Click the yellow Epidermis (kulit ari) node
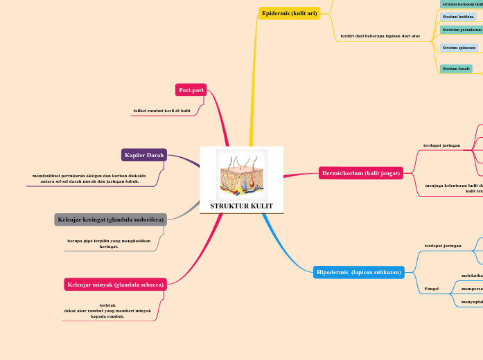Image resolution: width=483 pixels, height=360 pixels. tap(289, 13)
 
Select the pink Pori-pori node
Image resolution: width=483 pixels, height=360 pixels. tap(191, 90)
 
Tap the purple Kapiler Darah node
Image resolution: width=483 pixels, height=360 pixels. tap(144, 155)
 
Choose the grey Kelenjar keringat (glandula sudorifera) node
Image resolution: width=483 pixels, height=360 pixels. tap(110, 219)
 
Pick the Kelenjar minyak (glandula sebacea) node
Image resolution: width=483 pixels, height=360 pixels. tap(115, 285)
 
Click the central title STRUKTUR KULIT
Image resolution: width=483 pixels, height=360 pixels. tap(241, 206)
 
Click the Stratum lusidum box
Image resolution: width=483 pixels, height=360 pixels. tap(458, 16)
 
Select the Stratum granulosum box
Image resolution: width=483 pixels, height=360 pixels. tap(462, 30)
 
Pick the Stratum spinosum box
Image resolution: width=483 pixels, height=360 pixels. tap(459, 48)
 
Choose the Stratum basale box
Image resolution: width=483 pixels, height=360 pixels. tap(456, 69)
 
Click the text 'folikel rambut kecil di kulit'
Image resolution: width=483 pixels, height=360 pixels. tap(161, 111)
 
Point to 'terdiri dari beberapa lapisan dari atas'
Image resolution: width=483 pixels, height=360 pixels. tap(380, 36)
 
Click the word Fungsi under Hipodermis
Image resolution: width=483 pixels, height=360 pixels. tap(431, 289)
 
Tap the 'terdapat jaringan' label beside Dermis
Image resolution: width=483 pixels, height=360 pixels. tap(441, 145)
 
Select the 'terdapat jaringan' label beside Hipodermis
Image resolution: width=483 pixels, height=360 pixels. tap(443, 246)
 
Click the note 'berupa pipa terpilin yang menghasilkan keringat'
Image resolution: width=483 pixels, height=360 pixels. tap(108, 243)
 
